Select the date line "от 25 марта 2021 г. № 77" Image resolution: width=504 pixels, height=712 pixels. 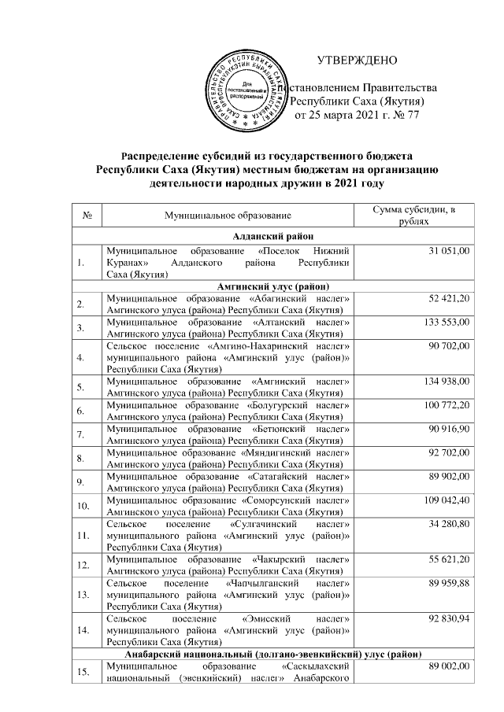click(356, 115)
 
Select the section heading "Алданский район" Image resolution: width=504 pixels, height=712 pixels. click(272, 235)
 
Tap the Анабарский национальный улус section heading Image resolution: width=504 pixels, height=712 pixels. click(272, 655)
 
